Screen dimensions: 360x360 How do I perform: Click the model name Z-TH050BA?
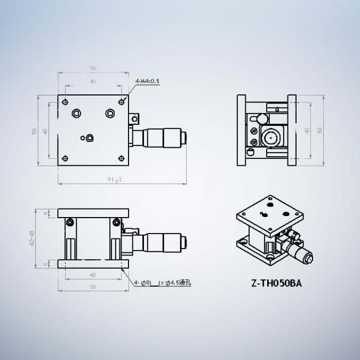point(276,284)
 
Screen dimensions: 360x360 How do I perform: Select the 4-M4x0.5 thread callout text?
point(148,81)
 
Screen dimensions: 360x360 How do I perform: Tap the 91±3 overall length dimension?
point(115,180)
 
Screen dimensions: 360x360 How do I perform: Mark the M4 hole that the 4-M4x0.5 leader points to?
point(122,101)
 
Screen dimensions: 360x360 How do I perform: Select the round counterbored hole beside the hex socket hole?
point(110,113)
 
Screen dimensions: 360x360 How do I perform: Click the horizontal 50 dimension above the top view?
point(93,68)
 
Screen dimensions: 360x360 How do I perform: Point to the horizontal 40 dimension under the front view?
point(93,275)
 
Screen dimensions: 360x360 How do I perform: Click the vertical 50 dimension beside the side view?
point(320,130)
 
